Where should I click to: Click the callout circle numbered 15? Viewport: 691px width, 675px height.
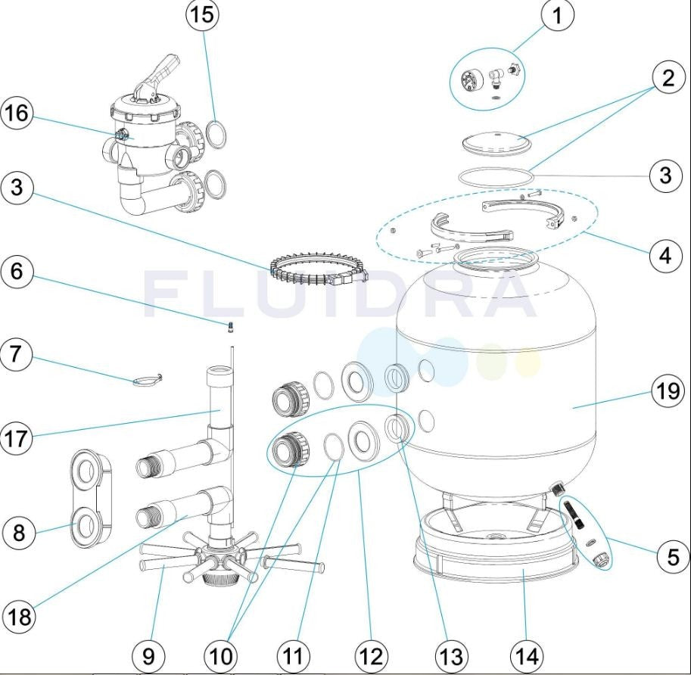click(x=203, y=14)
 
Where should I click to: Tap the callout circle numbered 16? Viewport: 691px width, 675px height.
click(x=17, y=114)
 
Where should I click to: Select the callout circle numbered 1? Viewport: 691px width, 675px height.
click(x=558, y=15)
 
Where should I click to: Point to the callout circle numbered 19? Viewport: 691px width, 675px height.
click(x=668, y=390)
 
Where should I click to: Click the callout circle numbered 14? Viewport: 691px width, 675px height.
click(x=527, y=657)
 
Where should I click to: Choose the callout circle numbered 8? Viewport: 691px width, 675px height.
click(x=18, y=533)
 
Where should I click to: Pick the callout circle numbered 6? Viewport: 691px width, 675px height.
click(x=17, y=272)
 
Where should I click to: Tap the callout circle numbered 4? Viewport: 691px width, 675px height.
click(x=665, y=254)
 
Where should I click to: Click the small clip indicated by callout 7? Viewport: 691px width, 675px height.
click(x=148, y=381)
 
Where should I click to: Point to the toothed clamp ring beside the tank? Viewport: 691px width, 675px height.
click(x=318, y=269)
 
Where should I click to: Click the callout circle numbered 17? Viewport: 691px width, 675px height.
click(x=17, y=438)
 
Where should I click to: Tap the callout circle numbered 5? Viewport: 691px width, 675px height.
click(x=673, y=556)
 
